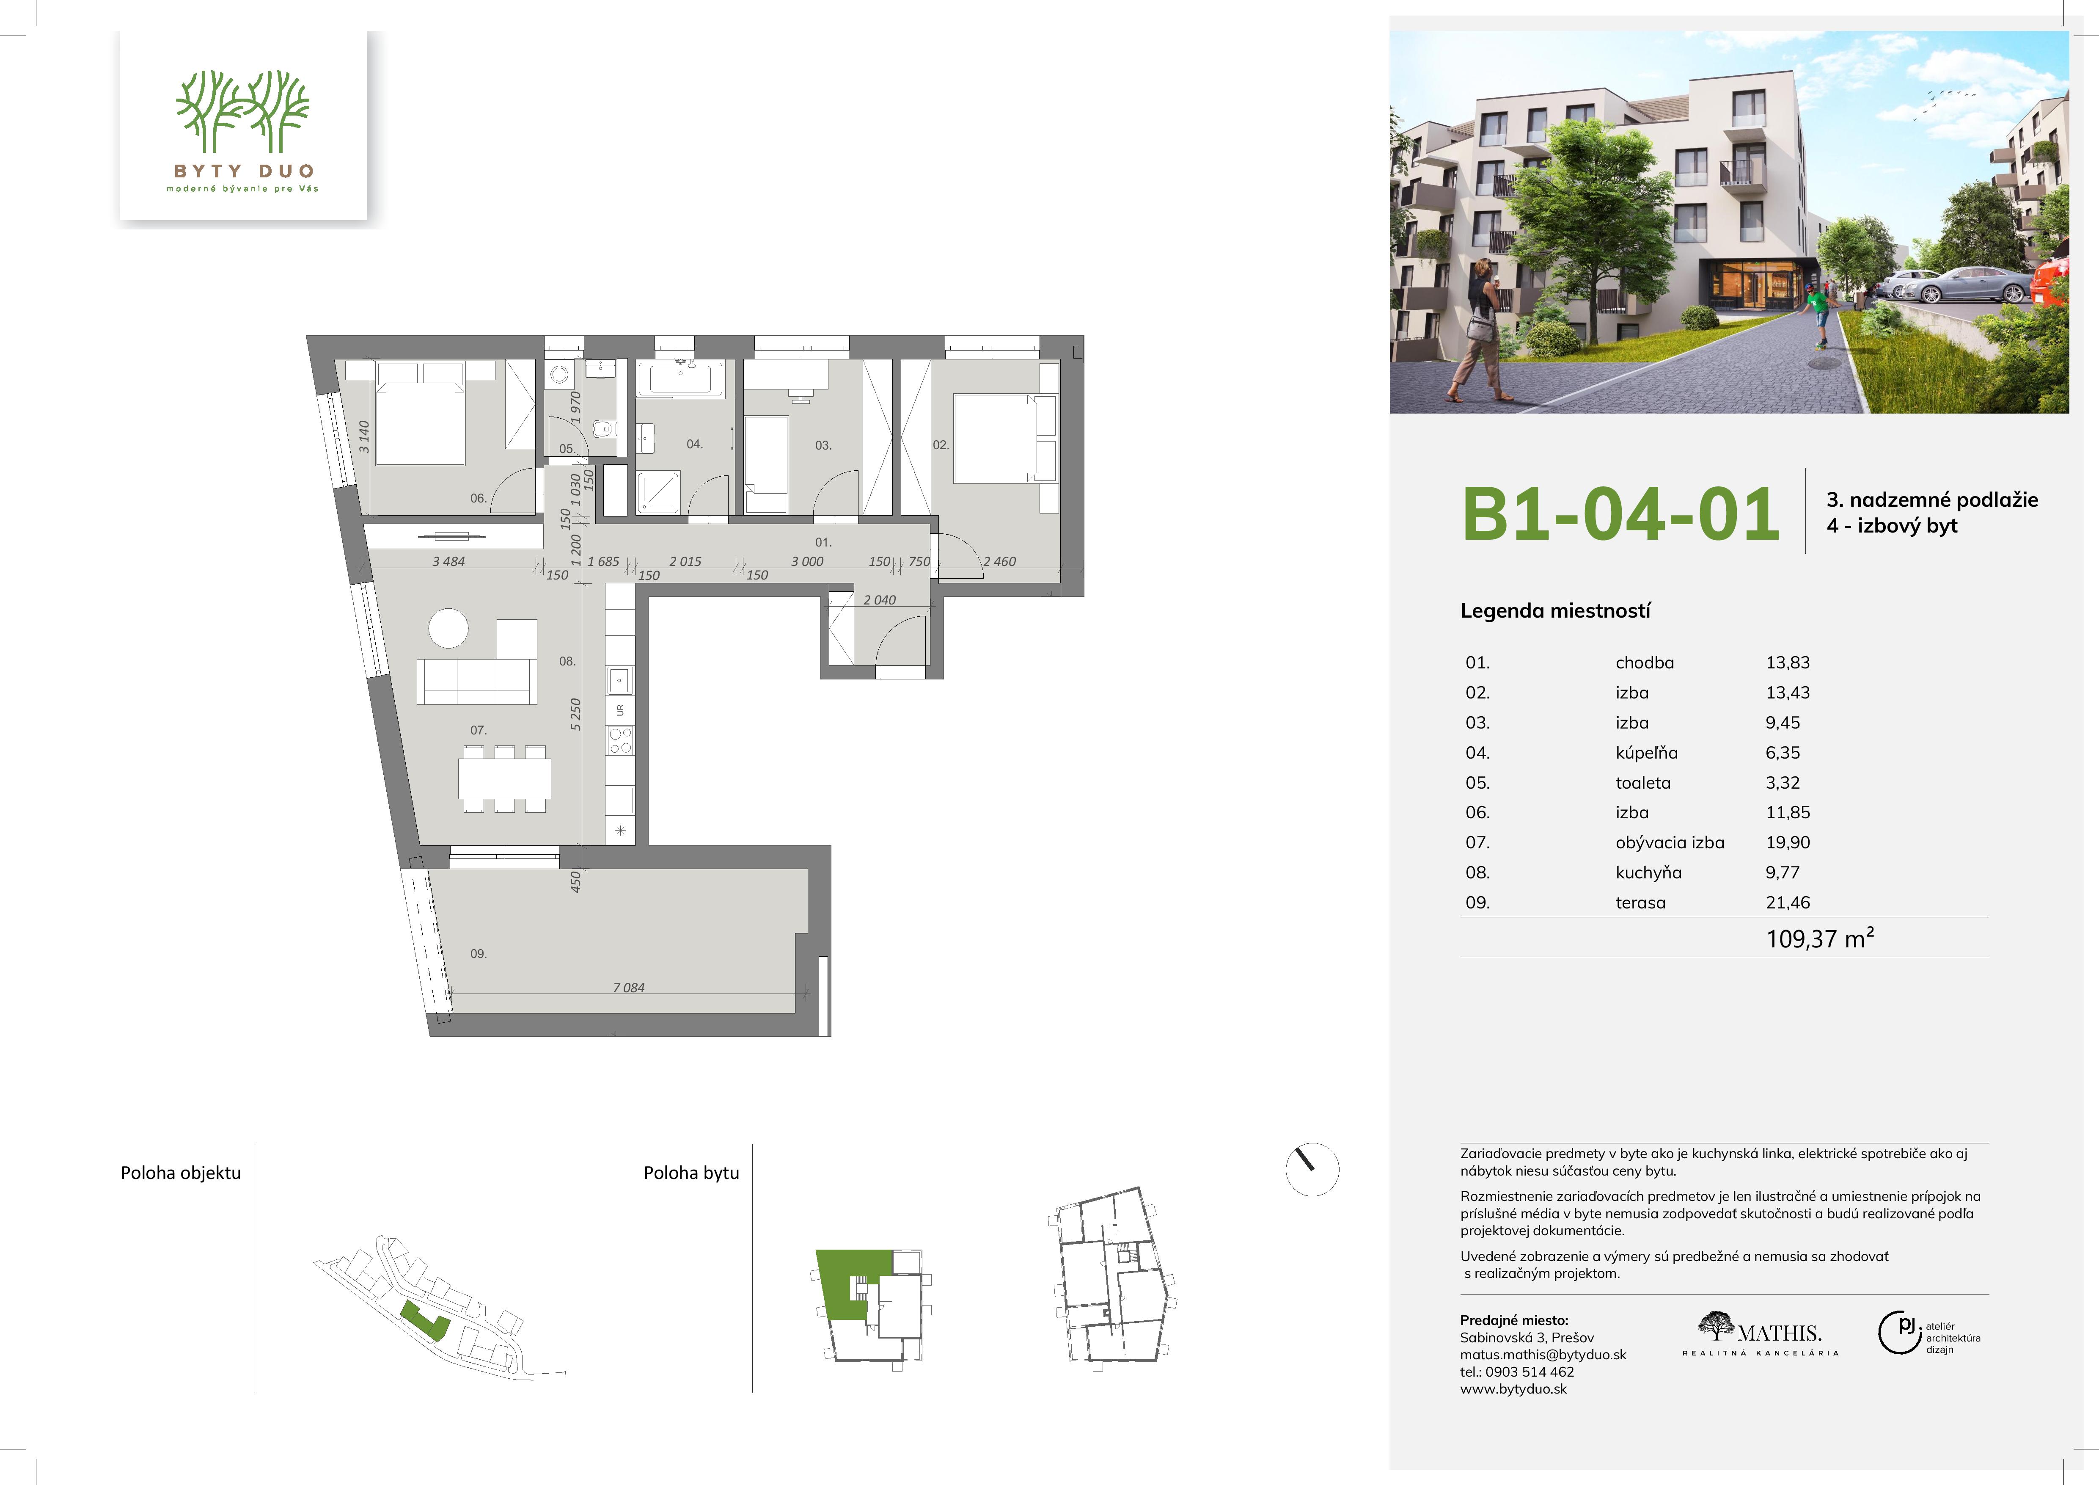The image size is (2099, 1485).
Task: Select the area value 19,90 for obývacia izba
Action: (x=1787, y=842)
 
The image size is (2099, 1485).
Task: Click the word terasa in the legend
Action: (x=1640, y=903)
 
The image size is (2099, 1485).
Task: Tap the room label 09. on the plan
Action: (x=478, y=954)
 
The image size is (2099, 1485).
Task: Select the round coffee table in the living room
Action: (x=448, y=628)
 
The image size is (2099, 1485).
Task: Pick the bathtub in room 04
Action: (x=680, y=379)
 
